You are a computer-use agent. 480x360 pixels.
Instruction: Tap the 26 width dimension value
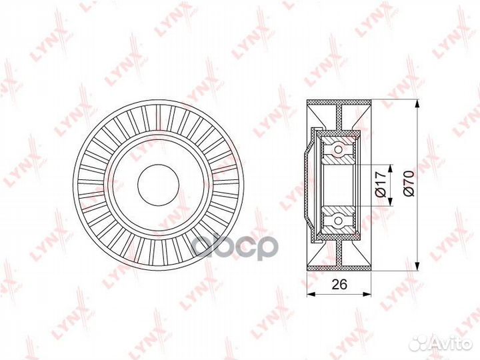(x=339, y=284)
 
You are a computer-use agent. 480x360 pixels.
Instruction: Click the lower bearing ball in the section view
(x=339, y=219)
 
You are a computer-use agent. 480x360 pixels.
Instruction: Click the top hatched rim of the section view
(x=339, y=104)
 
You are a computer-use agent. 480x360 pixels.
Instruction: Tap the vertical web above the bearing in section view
(x=339, y=119)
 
